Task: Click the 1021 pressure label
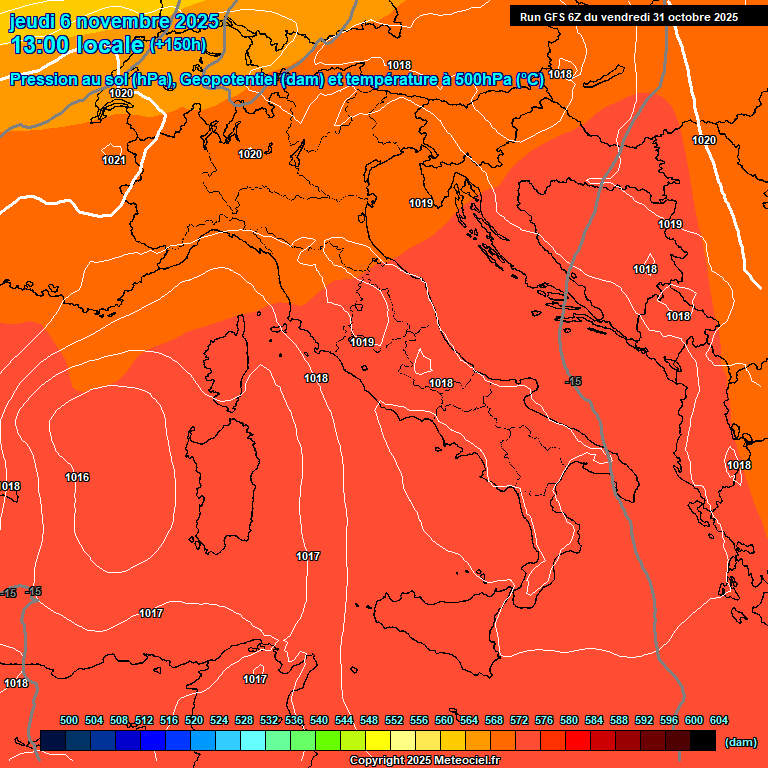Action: (x=113, y=160)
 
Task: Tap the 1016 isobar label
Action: (x=77, y=477)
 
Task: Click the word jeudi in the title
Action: (x=32, y=21)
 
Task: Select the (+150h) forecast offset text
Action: (x=178, y=45)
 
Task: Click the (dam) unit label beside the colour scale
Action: (x=740, y=741)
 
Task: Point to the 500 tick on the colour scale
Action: (x=69, y=720)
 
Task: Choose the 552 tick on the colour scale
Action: (x=394, y=720)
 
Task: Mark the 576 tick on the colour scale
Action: (x=544, y=720)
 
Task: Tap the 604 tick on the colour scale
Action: (x=718, y=720)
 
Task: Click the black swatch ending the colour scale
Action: (x=703, y=740)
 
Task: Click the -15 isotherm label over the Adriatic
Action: (x=573, y=381)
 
